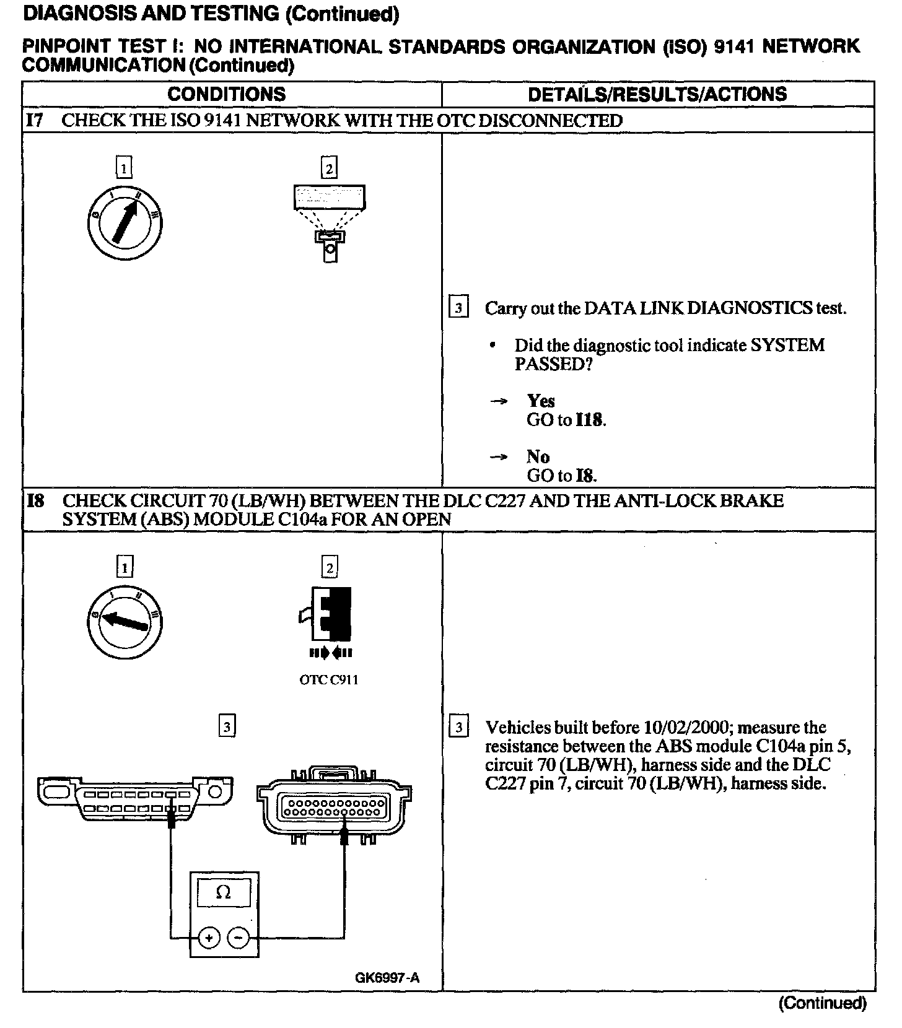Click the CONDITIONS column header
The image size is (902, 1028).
click(x=226, y=94)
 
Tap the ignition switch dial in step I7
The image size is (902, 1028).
click(x=125, y=221)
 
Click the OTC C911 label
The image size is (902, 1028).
click(x=328, y=680)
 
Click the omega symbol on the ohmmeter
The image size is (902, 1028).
click(x=224, y=892)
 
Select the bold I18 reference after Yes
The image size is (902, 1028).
click(x=589, y=420)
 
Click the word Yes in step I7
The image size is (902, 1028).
click(x=541, y=401)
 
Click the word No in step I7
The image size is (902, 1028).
click(x=538, y=456)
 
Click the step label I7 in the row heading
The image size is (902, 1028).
click(x=35, y=120)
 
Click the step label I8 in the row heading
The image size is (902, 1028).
click(x=36, y=500)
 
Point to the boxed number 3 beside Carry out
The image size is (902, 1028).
click(x=458, y=308)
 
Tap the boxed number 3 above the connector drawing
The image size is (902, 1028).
click(x=227, y=726)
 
